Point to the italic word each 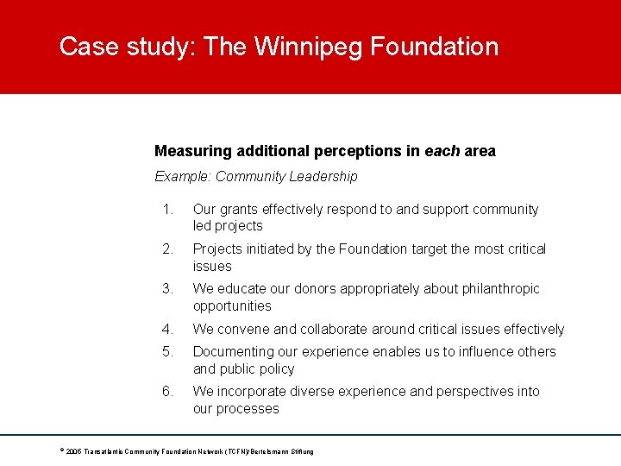click(x=442, y=151)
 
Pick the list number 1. click(x=169, y=209)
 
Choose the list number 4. click(x=169, y=329)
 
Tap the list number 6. click(x=169, y=391)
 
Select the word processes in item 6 click(x=250, y=408)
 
